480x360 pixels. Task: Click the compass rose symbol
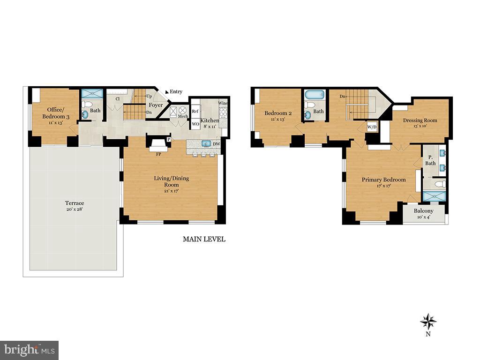point(428,322)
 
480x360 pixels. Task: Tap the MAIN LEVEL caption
point(204,239)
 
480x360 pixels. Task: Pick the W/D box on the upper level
point(372,127)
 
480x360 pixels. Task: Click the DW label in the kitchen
point(217,144)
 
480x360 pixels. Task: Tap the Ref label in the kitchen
point(195,112)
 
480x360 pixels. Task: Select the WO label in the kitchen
point(195,124)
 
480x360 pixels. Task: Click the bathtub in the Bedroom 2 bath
point(315,95)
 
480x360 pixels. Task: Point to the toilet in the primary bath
point(440,184)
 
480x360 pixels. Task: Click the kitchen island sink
point(206,144)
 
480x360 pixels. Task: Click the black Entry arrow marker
point(167,91)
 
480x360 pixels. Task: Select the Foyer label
point(156,105)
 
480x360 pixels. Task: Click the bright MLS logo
point(30,350)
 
